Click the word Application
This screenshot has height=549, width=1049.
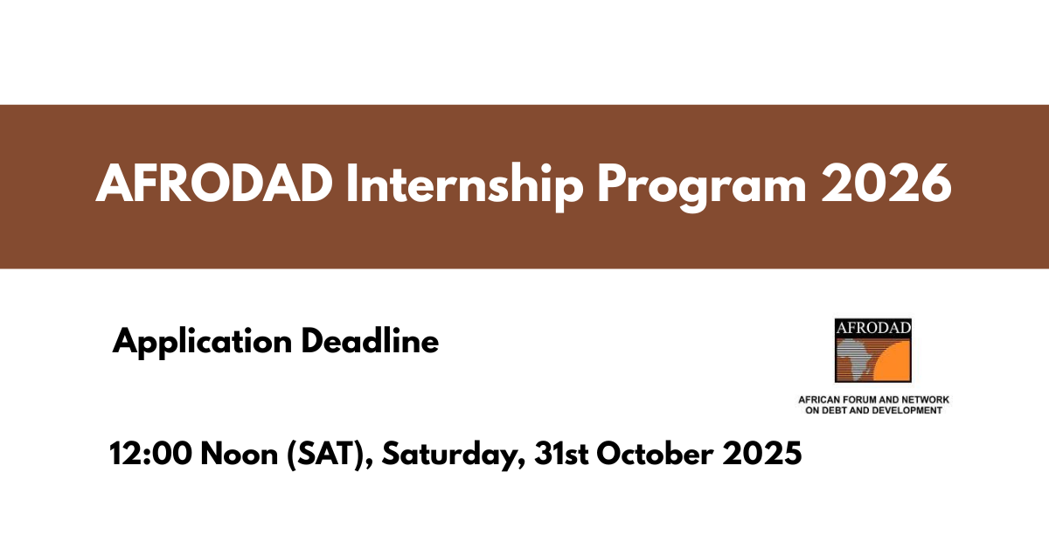(201, 342)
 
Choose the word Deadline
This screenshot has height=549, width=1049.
(370, 341)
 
